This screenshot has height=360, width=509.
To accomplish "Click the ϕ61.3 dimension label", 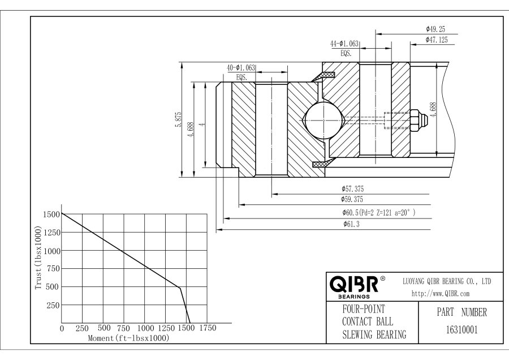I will point(352,225).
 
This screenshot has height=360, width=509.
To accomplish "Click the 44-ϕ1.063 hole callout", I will point(346,44).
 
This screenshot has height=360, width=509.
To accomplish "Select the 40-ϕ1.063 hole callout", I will point(241,67).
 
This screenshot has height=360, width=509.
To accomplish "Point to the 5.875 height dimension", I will point(178,119).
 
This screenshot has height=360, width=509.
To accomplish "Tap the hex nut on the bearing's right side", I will point(417,119).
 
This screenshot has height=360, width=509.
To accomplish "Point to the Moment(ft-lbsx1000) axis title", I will point(129,338).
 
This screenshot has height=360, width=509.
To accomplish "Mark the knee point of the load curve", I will point(180,288).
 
